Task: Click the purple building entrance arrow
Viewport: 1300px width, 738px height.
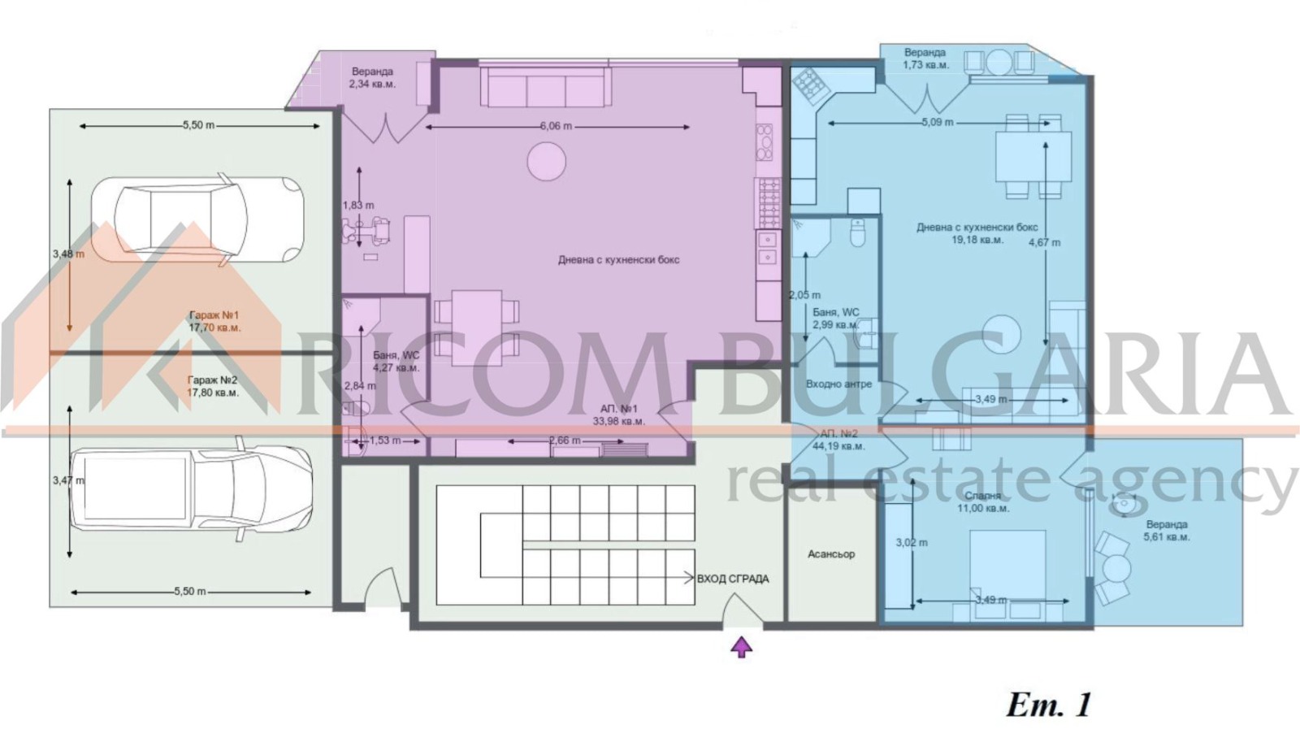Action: pos(741,647)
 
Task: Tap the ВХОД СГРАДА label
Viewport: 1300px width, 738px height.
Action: pos(732,579)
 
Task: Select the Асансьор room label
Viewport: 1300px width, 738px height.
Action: pos(830,554)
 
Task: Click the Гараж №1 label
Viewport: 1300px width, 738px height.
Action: pos(214,321)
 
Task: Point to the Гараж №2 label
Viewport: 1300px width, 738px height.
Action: pos(213,386)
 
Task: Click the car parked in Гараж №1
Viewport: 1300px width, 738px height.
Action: pos(197,219)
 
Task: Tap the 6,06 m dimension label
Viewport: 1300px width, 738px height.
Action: pos(556,127)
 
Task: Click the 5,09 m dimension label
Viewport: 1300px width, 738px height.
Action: pos(937,123)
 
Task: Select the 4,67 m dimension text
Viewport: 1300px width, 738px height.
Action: pos(1044,242)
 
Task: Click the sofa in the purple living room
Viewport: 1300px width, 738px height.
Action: pos(545,88)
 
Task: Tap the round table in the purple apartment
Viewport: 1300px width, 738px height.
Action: pos(546,161)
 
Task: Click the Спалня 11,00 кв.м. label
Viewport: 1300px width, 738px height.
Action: pos(982,501)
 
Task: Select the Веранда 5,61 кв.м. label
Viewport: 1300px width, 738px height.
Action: pos(1166,531)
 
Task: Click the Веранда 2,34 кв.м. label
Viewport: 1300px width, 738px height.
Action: pos(372,78)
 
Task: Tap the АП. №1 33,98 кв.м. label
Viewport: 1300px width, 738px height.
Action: pos(618,415)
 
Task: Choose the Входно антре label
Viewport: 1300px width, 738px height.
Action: pos(838,384)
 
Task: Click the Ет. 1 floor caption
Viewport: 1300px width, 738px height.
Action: pos(1049,705)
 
